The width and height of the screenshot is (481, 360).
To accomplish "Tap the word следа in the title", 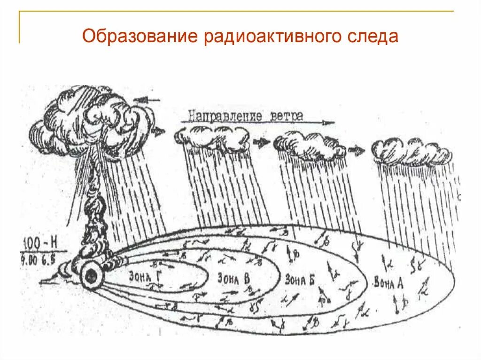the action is (x=374, y=36).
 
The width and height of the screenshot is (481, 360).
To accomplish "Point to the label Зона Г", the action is (x=144, y=276).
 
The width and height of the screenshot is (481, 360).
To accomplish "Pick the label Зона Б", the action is (x=299, y=280).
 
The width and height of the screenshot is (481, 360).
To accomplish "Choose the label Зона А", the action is (x=388, y=283).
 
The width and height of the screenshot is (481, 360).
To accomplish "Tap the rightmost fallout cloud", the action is (x=411, y=150).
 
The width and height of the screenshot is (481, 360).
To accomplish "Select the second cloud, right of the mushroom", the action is (x=212, y=136).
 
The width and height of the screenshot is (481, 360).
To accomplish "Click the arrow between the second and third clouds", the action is (x=262, y=141).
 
